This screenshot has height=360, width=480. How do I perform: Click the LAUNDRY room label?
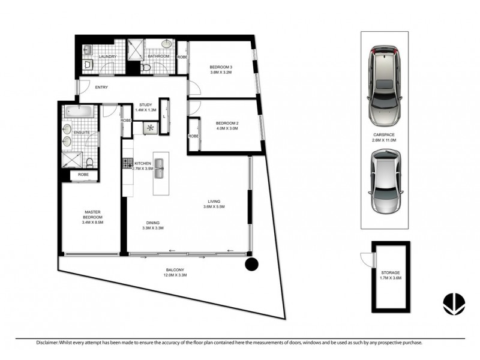[107, 57]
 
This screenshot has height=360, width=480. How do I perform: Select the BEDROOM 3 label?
[220, 66]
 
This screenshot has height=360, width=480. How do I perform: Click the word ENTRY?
[103, 88]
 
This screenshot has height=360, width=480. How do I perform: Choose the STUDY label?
[145, 104]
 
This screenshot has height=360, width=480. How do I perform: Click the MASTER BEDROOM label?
[92, 214]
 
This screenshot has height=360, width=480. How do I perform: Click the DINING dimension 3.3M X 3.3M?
[153, 228]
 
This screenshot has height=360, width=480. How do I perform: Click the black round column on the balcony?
[251, 264]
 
